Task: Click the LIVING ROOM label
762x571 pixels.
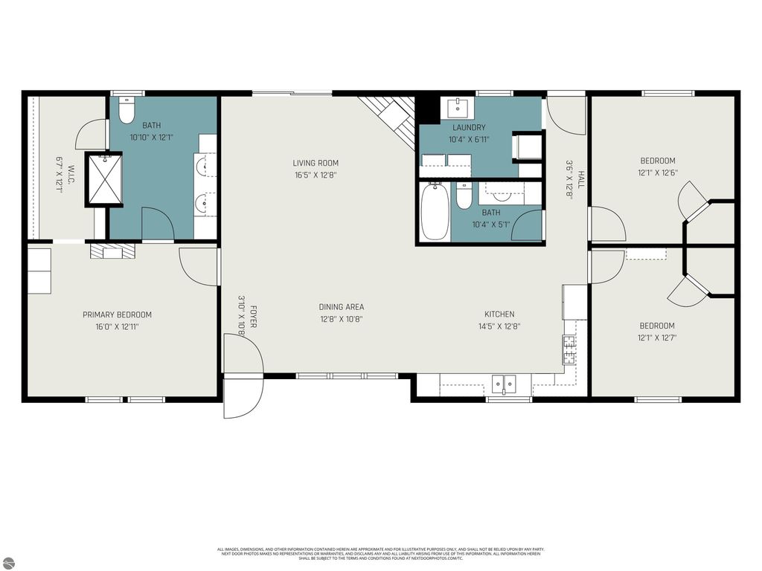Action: (x=316, y=163)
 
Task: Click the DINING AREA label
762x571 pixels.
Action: (x=342, y=307)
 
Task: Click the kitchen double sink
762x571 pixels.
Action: (x=505, y=384)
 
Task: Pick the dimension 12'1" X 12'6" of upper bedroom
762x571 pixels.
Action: (x=658, y=173)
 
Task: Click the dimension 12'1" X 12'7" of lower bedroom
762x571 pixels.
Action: (x=658, y=338)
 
